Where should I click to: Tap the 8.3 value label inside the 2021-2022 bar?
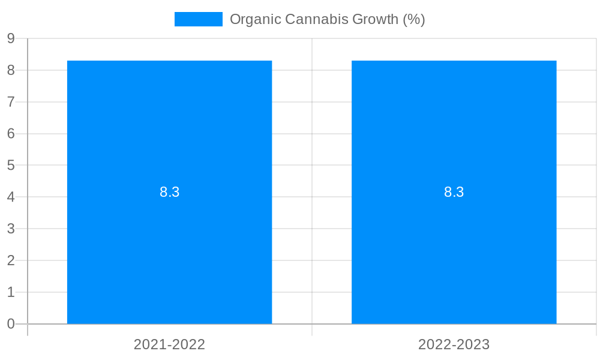(x=169, y=192)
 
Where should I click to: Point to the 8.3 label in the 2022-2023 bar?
(x=454, y=192)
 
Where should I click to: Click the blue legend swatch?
(x=198, y=19)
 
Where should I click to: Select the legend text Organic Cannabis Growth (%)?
(x=327, y=19)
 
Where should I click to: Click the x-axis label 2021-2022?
(x=169, y=344)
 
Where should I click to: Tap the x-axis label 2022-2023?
(x=454, y=344)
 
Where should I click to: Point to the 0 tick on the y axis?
(x=11, y=324)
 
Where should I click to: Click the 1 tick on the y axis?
(x=11, y=292)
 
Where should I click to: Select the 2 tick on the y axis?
(x=11, y=260)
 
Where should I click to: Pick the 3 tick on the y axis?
(x=11, y=229)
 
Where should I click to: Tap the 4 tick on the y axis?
(x=11, y=197)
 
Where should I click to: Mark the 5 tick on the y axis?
(x=11, y=165)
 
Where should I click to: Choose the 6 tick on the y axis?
(x=11, y=134)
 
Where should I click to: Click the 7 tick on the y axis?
(x=11, y=102)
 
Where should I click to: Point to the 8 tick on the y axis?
(x=11, y=70)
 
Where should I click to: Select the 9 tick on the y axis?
(x=11, y=38)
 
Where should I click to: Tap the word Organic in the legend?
(x=255, y=19)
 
